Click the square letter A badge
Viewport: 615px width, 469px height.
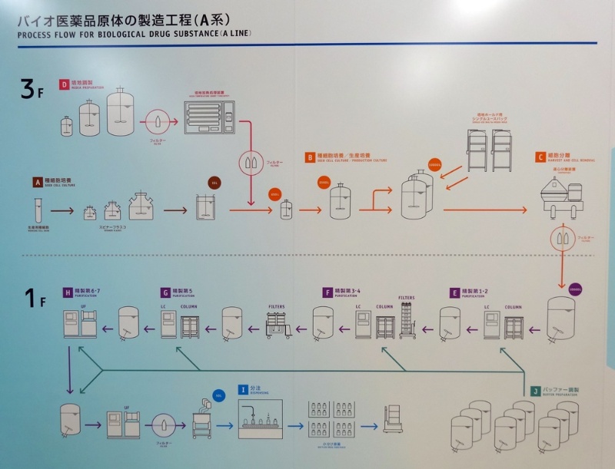coord(36,183)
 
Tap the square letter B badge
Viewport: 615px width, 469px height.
coord(310,157)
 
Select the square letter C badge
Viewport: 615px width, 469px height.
coord(541,157)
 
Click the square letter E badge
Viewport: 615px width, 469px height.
coord(455,292)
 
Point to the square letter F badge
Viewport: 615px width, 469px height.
coord(328,292)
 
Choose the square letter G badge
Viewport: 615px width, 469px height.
coord(165,292)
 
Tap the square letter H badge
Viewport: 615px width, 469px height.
coord(68,292)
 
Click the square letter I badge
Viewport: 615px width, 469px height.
coord(243,390)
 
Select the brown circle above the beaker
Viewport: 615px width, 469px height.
coord(214,183)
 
